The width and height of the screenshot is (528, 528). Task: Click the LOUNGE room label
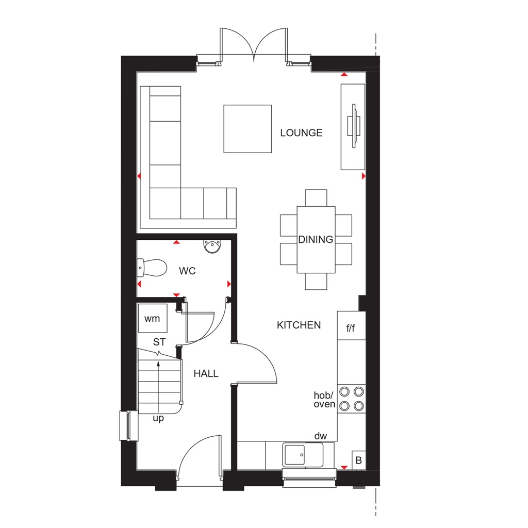point(301,133)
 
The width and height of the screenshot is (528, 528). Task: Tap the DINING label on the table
point(316,240)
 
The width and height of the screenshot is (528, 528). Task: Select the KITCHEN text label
point(299,325)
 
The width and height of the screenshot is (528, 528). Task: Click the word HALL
point(206,374)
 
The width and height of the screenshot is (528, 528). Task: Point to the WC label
point(187,271)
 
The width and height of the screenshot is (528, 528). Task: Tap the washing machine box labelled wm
point(152,319)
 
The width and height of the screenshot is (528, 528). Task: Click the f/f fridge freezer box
point(351,328)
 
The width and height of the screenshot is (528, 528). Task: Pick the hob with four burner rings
point(352,398)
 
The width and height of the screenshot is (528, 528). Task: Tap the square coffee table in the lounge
point(247,129)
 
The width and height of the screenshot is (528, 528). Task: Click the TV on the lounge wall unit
point(354,126)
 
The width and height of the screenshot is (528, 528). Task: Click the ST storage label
point(159,342)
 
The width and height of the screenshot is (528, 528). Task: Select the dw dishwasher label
point(321,436)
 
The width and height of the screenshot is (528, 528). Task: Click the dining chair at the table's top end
point(316,198)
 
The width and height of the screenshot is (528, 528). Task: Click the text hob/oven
point(325,400)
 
